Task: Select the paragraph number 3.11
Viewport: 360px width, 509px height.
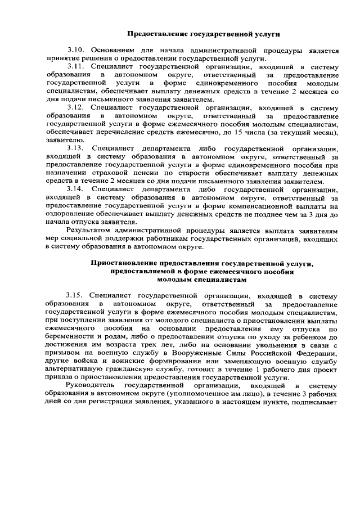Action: [x=75, y=66]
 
